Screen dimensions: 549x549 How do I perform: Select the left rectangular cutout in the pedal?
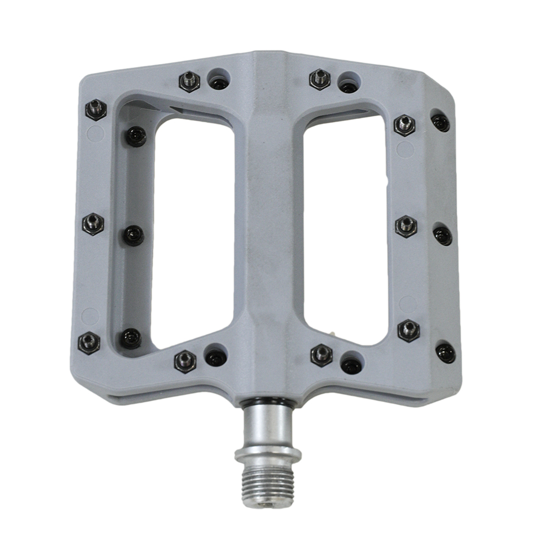tap(192, 231)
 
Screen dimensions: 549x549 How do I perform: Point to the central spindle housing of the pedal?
tap(269, 220)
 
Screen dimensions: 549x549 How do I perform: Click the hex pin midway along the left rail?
tap(93, 223)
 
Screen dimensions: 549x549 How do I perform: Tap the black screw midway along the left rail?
tap(133, 236)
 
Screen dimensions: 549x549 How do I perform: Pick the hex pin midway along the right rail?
tap(406, 226)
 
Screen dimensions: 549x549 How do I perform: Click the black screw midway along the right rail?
tap(442, 236)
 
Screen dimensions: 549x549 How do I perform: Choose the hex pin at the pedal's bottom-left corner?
tap(89, 343)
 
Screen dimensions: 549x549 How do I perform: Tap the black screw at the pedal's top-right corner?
tap(440, 122)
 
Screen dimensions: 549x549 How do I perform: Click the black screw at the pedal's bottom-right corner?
tap(445, 352)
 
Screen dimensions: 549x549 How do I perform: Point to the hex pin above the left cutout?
tap(189, 81)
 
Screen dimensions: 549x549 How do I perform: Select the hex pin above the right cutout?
tap(320, 79)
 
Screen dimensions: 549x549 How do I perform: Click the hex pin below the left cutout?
tap(186, 361)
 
